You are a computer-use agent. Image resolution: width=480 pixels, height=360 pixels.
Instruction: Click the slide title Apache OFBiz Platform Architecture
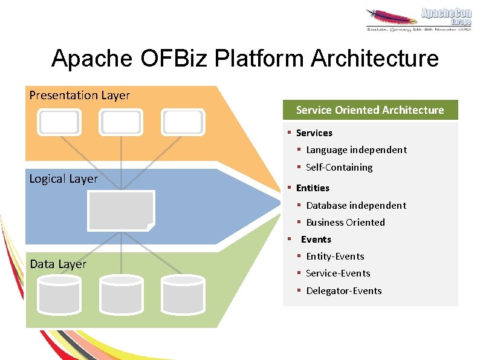245,59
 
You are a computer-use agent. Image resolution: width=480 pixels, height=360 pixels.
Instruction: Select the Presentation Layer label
80,95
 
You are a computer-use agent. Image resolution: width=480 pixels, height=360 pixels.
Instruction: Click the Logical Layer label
63,178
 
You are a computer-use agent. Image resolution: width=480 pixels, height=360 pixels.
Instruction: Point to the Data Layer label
58,264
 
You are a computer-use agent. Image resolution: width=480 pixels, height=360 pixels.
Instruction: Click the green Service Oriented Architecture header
370,110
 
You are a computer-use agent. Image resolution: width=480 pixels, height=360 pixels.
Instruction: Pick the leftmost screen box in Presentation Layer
59,122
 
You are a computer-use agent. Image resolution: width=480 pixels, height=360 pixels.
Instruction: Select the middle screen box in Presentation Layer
121,122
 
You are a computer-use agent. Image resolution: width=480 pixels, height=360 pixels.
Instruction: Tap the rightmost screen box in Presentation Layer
184,122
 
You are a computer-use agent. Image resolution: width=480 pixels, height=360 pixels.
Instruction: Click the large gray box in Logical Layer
121,210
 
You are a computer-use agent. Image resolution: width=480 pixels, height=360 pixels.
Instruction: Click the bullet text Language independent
356,150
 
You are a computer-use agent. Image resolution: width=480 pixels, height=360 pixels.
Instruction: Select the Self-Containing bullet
339,168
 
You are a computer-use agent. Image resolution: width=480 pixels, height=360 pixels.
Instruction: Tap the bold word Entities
313,188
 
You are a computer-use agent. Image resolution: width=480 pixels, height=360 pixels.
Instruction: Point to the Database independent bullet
356,206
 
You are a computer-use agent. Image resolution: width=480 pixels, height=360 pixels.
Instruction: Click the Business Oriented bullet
345,223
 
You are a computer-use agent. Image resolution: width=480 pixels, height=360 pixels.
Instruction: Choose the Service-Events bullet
338,273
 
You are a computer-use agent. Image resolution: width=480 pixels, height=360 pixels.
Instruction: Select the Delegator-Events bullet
344,291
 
